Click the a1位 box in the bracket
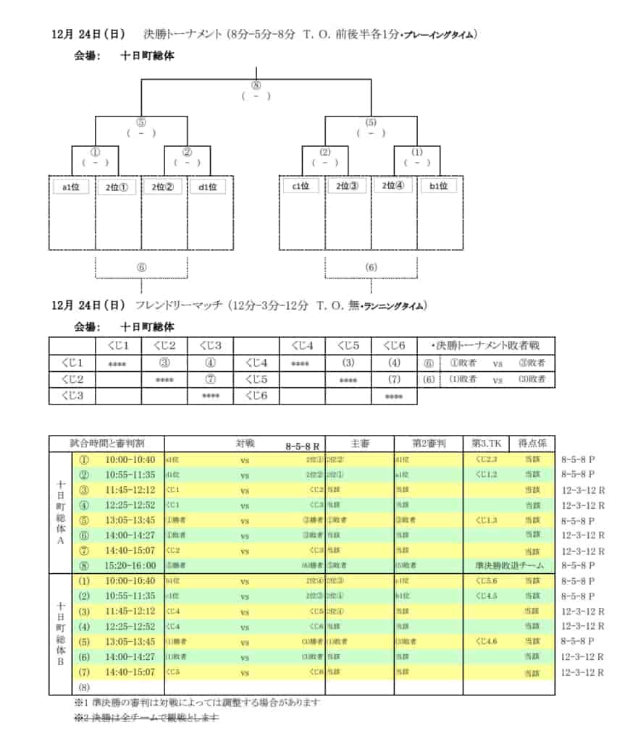click(x=71, y=187)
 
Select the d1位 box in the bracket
click(x=209, y=187)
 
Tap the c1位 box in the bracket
click(x=301, y=187)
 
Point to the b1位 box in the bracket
click(x=439, y=187)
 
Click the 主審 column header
click(x=360, y=444)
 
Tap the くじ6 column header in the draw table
click(x=394, y=346)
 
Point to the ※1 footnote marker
click(x=80, y=702)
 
